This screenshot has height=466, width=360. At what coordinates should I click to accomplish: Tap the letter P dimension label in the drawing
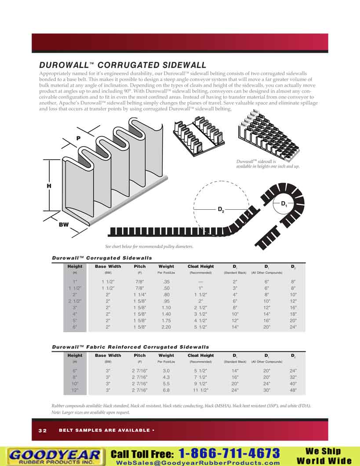pyautogui.click(x=78, y=138)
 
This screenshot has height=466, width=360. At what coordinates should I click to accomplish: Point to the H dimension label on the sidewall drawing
pyautogui.click(x=49, y=186)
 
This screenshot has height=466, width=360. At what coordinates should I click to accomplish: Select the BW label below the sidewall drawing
pyautogui.click(x=64, y=225)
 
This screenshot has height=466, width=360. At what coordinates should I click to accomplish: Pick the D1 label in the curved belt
pyautogui.click(x=284, y=204)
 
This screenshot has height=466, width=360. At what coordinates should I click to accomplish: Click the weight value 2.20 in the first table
pyautogui.click(x=166, y=327)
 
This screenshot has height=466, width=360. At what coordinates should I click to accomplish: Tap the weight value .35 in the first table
pyautogui.click(x=166, y=281)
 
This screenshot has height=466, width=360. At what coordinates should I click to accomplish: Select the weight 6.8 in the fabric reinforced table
pyautogui.click(x=166, y=390)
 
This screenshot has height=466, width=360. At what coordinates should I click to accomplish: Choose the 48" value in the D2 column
pyautogui.click(x=293, y=390)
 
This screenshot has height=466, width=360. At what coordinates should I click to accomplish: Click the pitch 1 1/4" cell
pyautogui.click(x=140, y=294)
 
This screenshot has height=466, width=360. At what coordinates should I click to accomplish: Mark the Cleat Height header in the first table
pyautogui.click(x=200, y=266)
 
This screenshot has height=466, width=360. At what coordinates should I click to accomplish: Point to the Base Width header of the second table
pyautogui.click(x=108, y=355)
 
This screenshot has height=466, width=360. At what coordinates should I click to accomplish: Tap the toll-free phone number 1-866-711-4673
pyautogui.click(x=229, y=453)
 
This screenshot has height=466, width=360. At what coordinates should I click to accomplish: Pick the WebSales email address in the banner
pyautogui.click(x=197, y=462)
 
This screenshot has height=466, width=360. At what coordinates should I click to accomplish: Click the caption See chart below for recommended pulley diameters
pyautogui.click(x=149, y=247)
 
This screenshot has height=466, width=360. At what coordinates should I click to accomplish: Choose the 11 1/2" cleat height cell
pyautogui.click(x=200, y=390)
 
